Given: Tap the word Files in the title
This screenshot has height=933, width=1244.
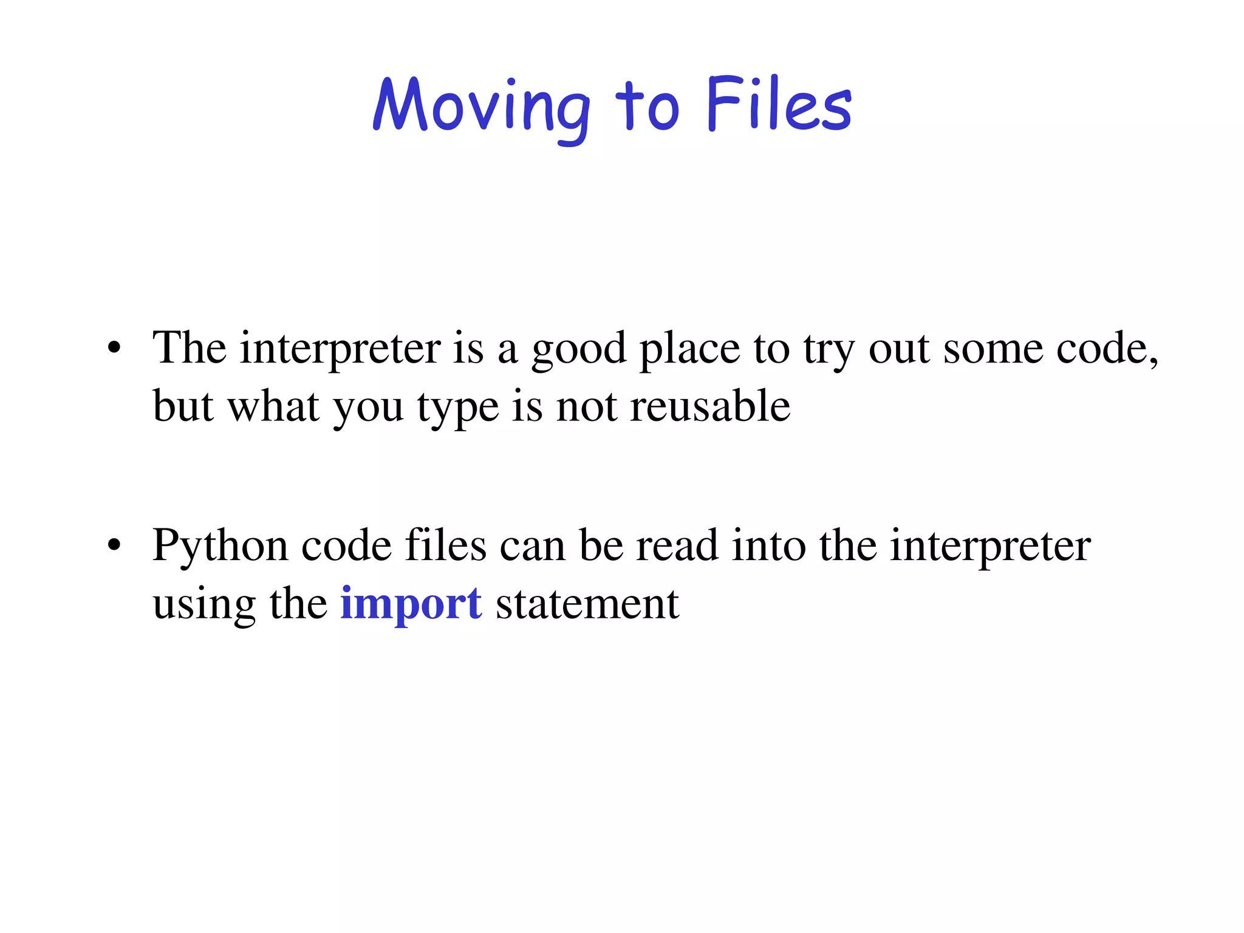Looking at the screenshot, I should (779, 104).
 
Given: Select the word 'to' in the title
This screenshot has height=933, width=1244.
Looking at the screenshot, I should (646, 107).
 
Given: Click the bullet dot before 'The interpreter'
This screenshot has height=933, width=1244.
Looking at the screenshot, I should (114, 349).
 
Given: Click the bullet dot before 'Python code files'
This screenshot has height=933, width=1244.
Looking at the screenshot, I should (114, 545).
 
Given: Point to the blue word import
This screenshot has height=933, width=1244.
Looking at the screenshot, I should (411, 604).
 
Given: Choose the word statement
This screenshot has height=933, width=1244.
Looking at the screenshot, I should (587, 604).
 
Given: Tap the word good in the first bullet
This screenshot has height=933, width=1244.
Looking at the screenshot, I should (578, 350).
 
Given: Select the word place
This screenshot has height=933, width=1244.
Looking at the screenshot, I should (690, 350).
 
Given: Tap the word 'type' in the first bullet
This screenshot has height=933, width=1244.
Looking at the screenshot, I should (457, 408).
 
